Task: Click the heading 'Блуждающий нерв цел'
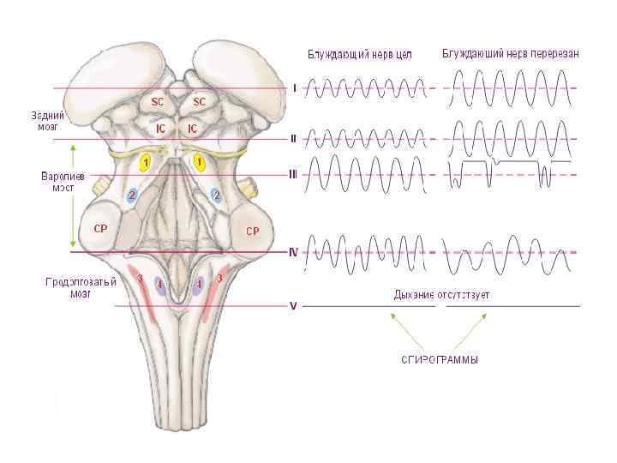360,56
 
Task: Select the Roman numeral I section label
295,87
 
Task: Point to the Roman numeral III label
293,174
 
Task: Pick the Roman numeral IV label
293,252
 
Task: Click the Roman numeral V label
293,305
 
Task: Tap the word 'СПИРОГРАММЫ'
440,360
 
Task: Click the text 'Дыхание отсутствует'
441,295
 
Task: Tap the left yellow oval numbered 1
147,162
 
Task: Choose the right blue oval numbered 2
216,195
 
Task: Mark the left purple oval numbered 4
159,285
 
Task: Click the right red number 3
219,278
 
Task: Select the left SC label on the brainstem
158,101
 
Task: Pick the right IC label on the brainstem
193,129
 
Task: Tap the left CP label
100,229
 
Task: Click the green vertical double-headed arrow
73,195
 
